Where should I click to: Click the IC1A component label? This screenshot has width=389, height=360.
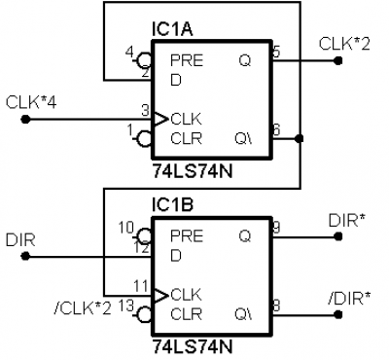pyautogui.click(x=172, y=29)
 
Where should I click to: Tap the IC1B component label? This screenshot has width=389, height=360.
pyautogui.click(x=173, y=205)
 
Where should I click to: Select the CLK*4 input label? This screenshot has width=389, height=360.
pyautogui.click(x=31, y=103)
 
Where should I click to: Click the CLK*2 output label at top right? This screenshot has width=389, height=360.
pyautogui.click(x=344, y=44)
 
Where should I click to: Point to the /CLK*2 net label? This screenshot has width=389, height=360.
pyautogui.click(x=83, y=308)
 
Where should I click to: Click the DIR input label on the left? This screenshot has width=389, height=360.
pyautogui.click(x=20, y=240)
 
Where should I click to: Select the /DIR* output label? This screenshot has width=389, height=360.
pyautogui.click(x=349, y=299)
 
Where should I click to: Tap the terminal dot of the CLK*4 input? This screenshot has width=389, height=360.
pyautogui.click(x=25, y=120)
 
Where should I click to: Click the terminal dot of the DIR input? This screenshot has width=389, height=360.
pyautogui.click(x=25, y=257)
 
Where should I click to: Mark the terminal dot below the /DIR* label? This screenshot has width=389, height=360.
pyautogui.click(x=338, y=314)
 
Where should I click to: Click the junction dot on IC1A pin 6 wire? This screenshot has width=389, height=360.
pyautogui.click(x=300, y=139)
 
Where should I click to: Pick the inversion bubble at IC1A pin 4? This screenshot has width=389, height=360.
pyautogui.click(x=145, y=60)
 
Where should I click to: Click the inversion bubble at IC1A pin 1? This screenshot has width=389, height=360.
pyautogui.click(x=145, y=139)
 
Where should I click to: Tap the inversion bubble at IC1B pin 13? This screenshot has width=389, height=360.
pyautogui.click(x=145, y=314)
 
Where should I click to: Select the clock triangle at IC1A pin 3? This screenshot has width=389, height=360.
pyautogui.click(x=160, y=120)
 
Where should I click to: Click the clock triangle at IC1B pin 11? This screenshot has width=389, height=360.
pyautogui.click(x=160, y=295)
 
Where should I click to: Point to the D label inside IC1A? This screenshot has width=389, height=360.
pyautogui.click(x=176, y=80)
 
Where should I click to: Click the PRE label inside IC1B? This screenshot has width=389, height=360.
pyautogui.click(x=187, y=236)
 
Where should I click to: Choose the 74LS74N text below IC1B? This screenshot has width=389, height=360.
pyautogui.click(x=193, y=347)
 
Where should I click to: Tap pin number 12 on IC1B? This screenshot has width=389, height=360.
pyautogui.click(x=142, y=248)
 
